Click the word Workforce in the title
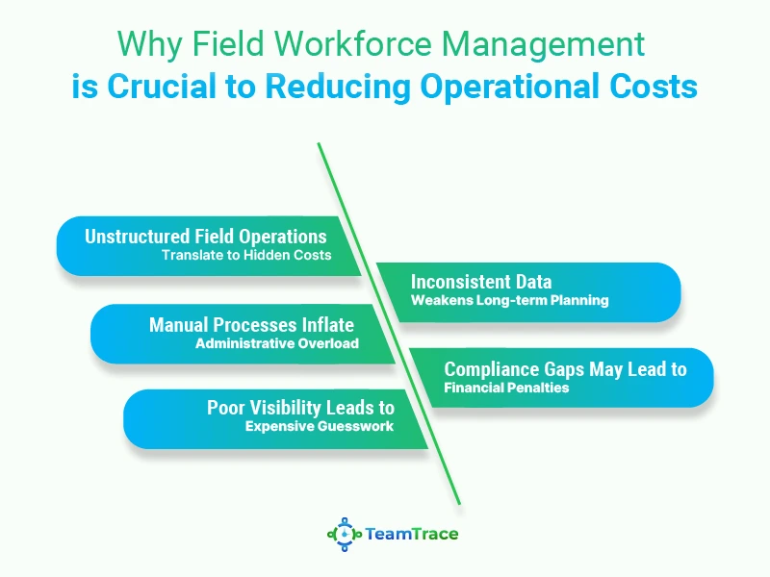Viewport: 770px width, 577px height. tap(352, 43)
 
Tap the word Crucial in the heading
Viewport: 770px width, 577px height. tap(162, 86)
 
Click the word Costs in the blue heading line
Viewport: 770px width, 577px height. tap(654, 86)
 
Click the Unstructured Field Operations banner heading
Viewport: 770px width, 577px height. tap(206, 237)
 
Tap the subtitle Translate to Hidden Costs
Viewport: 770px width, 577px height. tap(246, 255)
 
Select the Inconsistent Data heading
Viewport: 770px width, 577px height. tap(481, 282)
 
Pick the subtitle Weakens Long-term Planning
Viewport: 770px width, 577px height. tap(510, 300)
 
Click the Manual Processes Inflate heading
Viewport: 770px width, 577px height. tap(251, 325)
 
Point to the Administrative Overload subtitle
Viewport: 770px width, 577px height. tap(277, 343)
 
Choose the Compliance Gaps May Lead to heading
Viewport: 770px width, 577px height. tap(565, 369)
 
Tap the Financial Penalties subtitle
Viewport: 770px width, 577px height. tap(506, 388)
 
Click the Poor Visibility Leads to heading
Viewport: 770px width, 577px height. tap(300, 408)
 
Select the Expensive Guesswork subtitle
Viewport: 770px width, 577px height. tap(320, 426)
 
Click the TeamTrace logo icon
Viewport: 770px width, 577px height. tap(345, 535)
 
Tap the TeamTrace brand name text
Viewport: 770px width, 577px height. tap(412, 534)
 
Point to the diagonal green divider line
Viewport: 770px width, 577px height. tap(389, 323)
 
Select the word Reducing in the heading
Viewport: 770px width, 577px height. tap(338, 88)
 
